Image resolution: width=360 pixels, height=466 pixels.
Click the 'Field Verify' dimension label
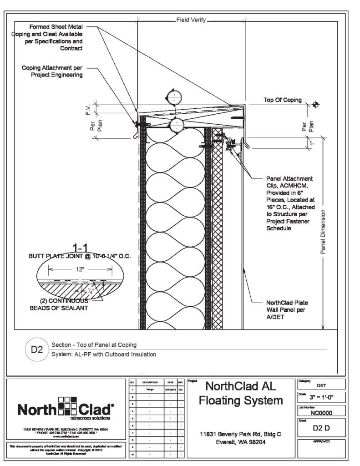pos(191,20)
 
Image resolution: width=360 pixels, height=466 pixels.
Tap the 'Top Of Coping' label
pos(283,100)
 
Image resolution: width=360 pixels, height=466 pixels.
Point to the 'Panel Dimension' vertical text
pos(323,232)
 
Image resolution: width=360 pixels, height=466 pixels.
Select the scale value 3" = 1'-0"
pos(321,396)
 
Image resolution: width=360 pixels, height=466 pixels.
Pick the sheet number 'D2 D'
pos(321,428)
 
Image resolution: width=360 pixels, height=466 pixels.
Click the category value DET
pos(321,385)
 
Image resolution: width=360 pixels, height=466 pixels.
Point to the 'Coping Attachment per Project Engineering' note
pos(52,71)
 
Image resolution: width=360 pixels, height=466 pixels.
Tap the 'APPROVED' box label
pos(320,441)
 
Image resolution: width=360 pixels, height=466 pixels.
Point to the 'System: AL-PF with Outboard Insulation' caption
pos(104,354)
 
